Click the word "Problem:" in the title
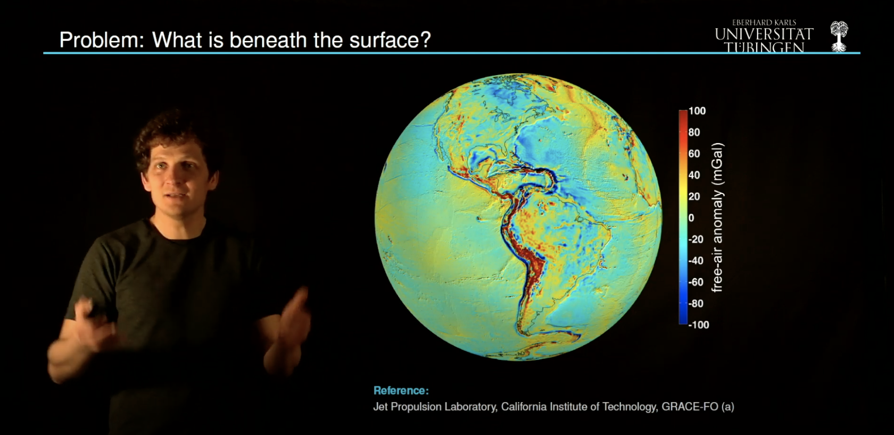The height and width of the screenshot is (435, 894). (x=101, y=40)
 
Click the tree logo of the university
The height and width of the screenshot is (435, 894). (x=839, y=36)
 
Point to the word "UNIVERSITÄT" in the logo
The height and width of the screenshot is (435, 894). (x=764, y=34)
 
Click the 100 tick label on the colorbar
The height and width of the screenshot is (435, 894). (x=697, y=111)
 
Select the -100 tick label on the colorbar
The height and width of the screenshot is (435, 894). (x=698, y=325)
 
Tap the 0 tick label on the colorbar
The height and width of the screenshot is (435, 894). (x=691, y=218)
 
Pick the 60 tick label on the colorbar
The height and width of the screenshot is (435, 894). (x=694, y=154)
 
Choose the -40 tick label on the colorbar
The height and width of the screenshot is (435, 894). (x=696, y=261)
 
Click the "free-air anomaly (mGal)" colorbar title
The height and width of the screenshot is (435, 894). (x=717, y=217)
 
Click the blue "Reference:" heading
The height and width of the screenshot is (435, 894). (x=401, y=391)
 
